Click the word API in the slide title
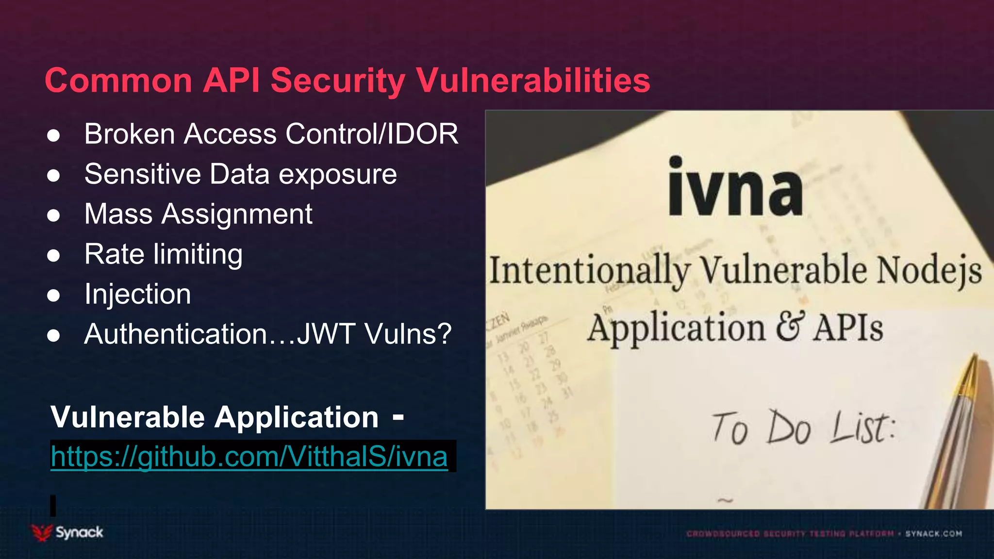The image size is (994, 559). click(231, 80)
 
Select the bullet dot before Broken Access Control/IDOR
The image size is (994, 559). click(53, 135)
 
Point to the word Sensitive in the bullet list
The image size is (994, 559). click(143, 174)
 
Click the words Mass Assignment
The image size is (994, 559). click(198, 214)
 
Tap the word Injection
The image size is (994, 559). click(137, 294)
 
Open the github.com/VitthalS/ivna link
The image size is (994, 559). click(249, 457)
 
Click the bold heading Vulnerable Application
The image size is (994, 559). click(215, 417)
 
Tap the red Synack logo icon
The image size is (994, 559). click(42, 532)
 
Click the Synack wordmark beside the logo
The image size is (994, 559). click(79, 532)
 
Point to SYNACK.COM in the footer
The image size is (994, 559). click(933, 534)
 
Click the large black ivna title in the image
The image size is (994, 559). click(735, 188)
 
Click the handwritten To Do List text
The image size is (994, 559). click(803, 427)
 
